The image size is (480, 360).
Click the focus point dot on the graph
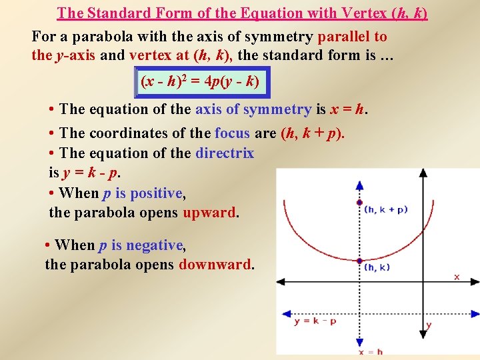360,202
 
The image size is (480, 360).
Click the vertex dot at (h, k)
360,261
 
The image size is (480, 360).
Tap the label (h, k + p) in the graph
386,209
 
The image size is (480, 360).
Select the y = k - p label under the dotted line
315,321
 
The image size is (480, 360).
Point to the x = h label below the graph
371,351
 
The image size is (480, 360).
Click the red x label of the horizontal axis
457,276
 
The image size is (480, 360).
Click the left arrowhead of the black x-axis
281,279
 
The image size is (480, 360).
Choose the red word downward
214,264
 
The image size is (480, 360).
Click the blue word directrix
225,153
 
